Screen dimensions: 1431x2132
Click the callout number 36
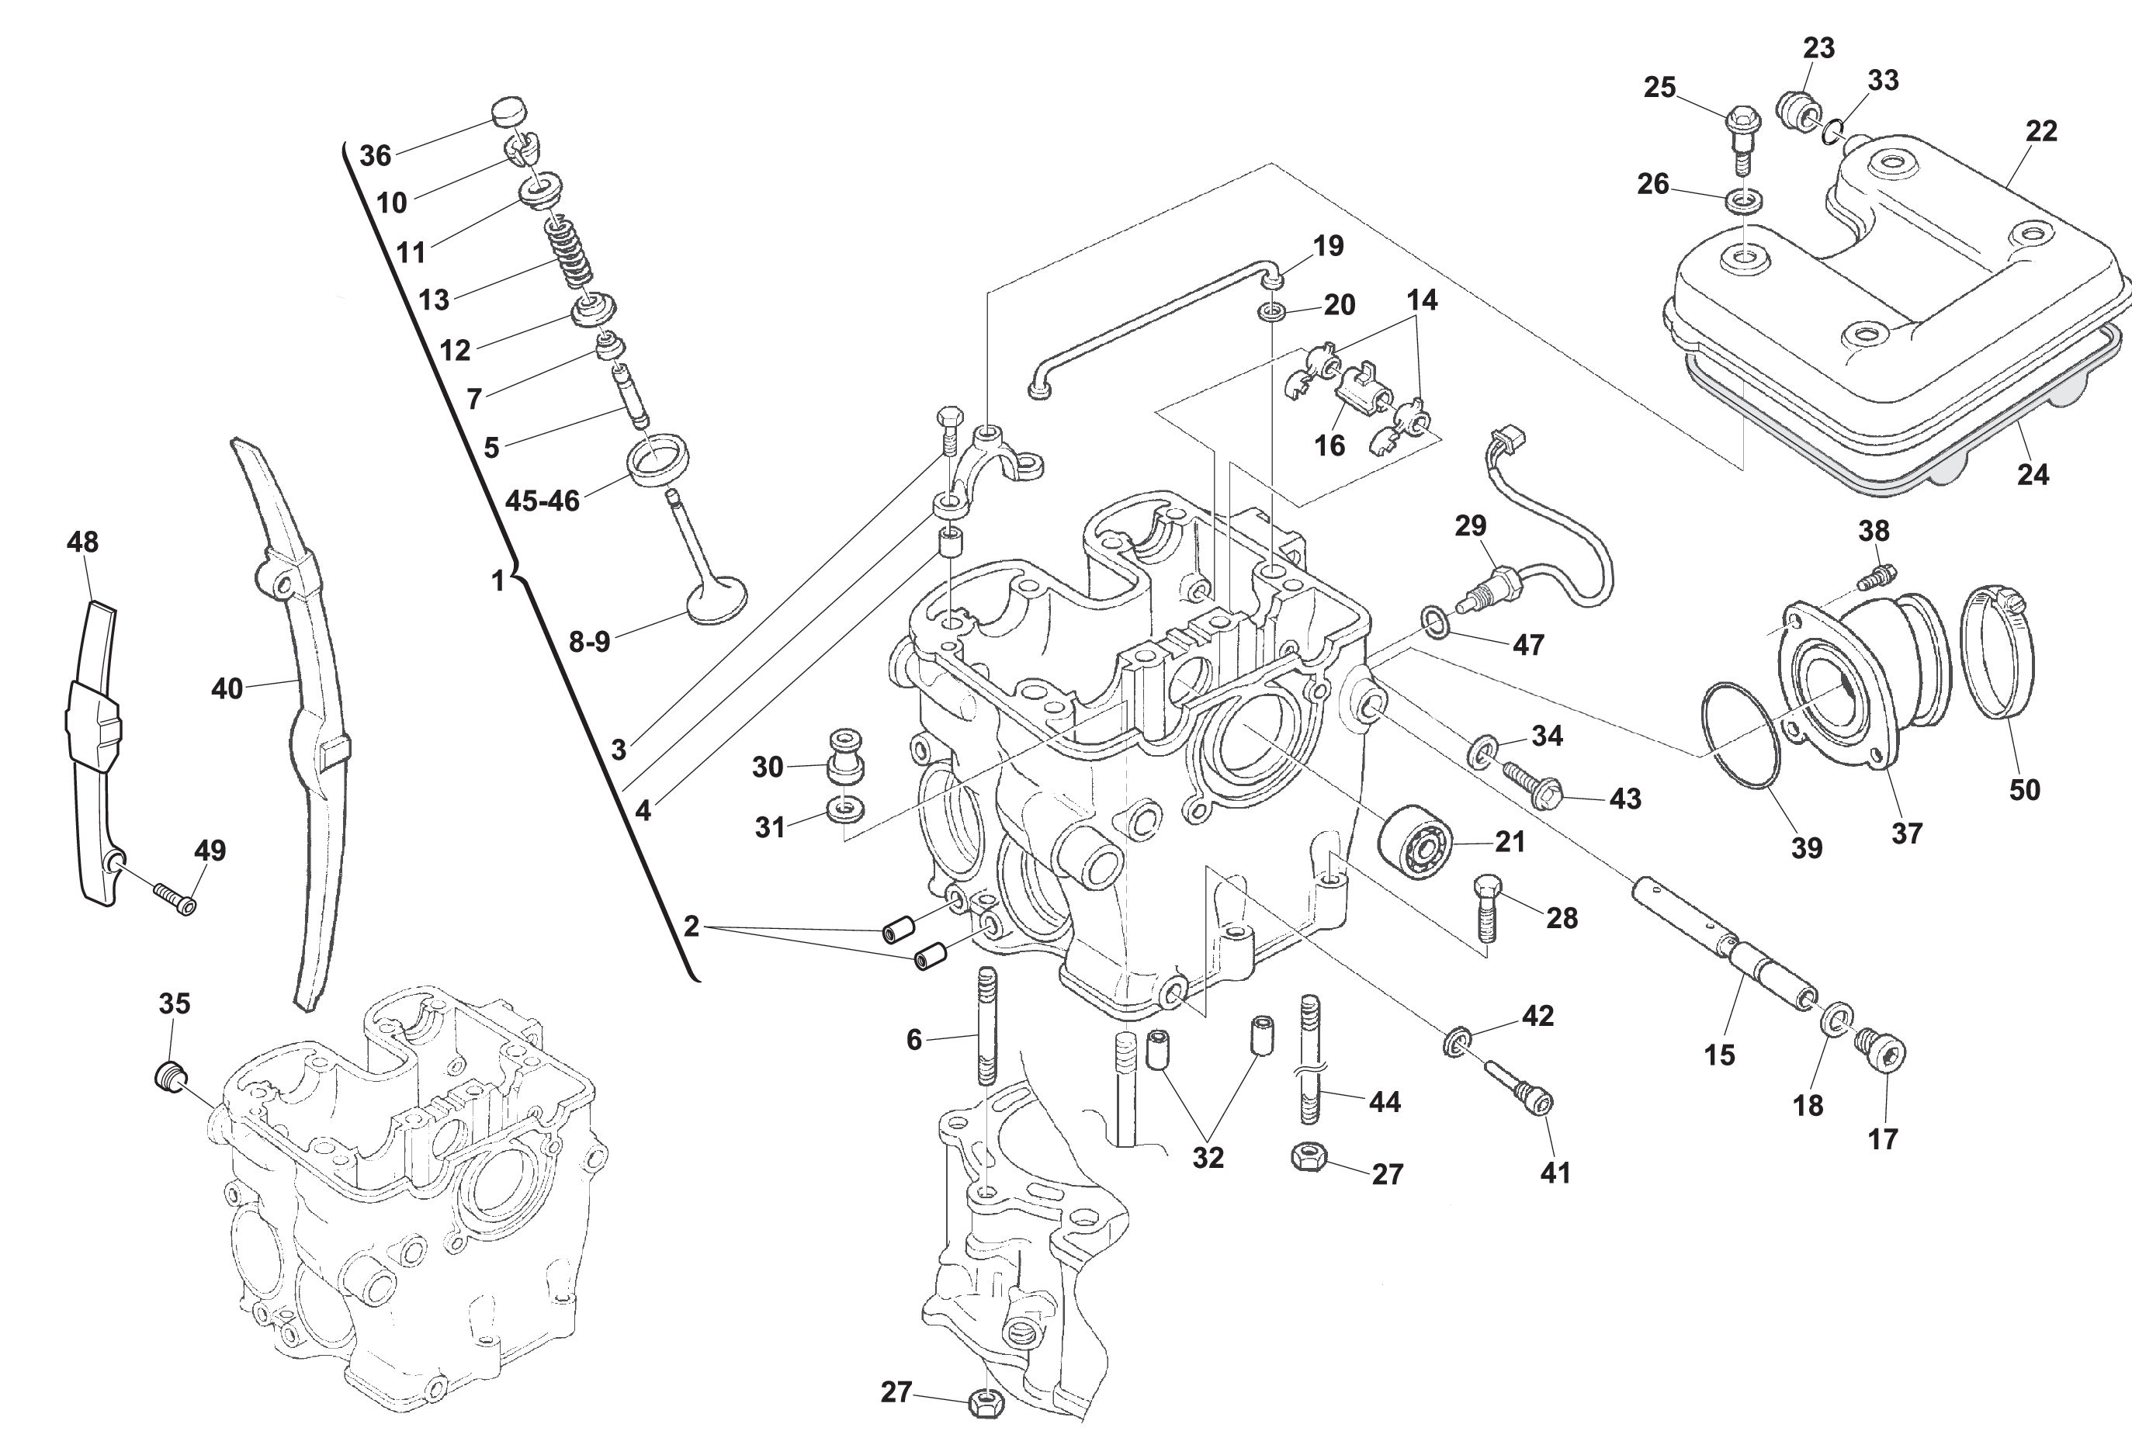(x=375, y=156)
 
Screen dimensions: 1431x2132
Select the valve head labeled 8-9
(x=716, y=601)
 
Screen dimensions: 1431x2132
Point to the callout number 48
(x=82, y=542)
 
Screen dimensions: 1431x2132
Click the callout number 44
(x=1385, y=1101)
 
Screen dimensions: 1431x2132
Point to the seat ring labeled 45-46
(x=657, y=461)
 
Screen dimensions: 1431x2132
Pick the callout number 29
(x=1470, y=525)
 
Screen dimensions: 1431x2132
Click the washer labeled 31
(x=845, y=809)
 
